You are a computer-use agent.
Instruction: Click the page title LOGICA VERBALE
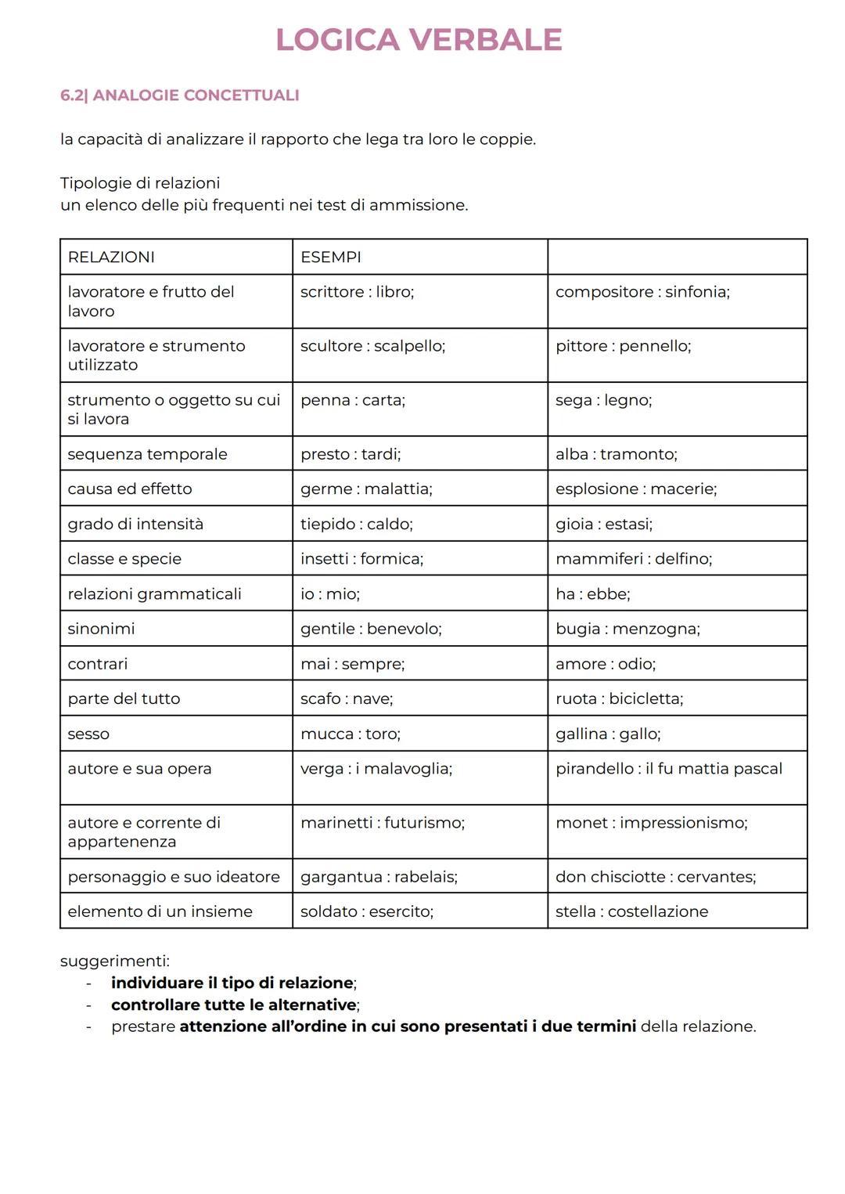419,40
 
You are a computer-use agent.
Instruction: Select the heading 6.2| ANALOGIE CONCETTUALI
179,96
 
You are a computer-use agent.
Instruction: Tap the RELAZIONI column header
111,257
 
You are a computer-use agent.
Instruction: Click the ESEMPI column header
330,257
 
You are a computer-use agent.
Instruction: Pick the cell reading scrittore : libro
357,292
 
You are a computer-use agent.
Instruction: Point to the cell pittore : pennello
623,346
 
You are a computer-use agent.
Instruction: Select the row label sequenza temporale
147,454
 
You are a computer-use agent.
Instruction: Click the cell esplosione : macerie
635,489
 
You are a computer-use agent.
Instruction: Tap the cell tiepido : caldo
356,524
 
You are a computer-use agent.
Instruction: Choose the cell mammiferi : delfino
633,559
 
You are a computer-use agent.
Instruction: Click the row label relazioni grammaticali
154,594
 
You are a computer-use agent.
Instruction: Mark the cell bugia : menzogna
627,629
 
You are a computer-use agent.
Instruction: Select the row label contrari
97,664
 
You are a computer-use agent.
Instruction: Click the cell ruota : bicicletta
619,699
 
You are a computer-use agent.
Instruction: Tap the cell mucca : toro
350,734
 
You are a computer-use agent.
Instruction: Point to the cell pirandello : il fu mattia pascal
668,769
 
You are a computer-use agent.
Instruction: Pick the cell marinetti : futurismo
382,823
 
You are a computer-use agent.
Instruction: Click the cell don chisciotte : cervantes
655,877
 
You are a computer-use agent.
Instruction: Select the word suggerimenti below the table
114,961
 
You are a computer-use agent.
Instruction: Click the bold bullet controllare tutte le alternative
234,1005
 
